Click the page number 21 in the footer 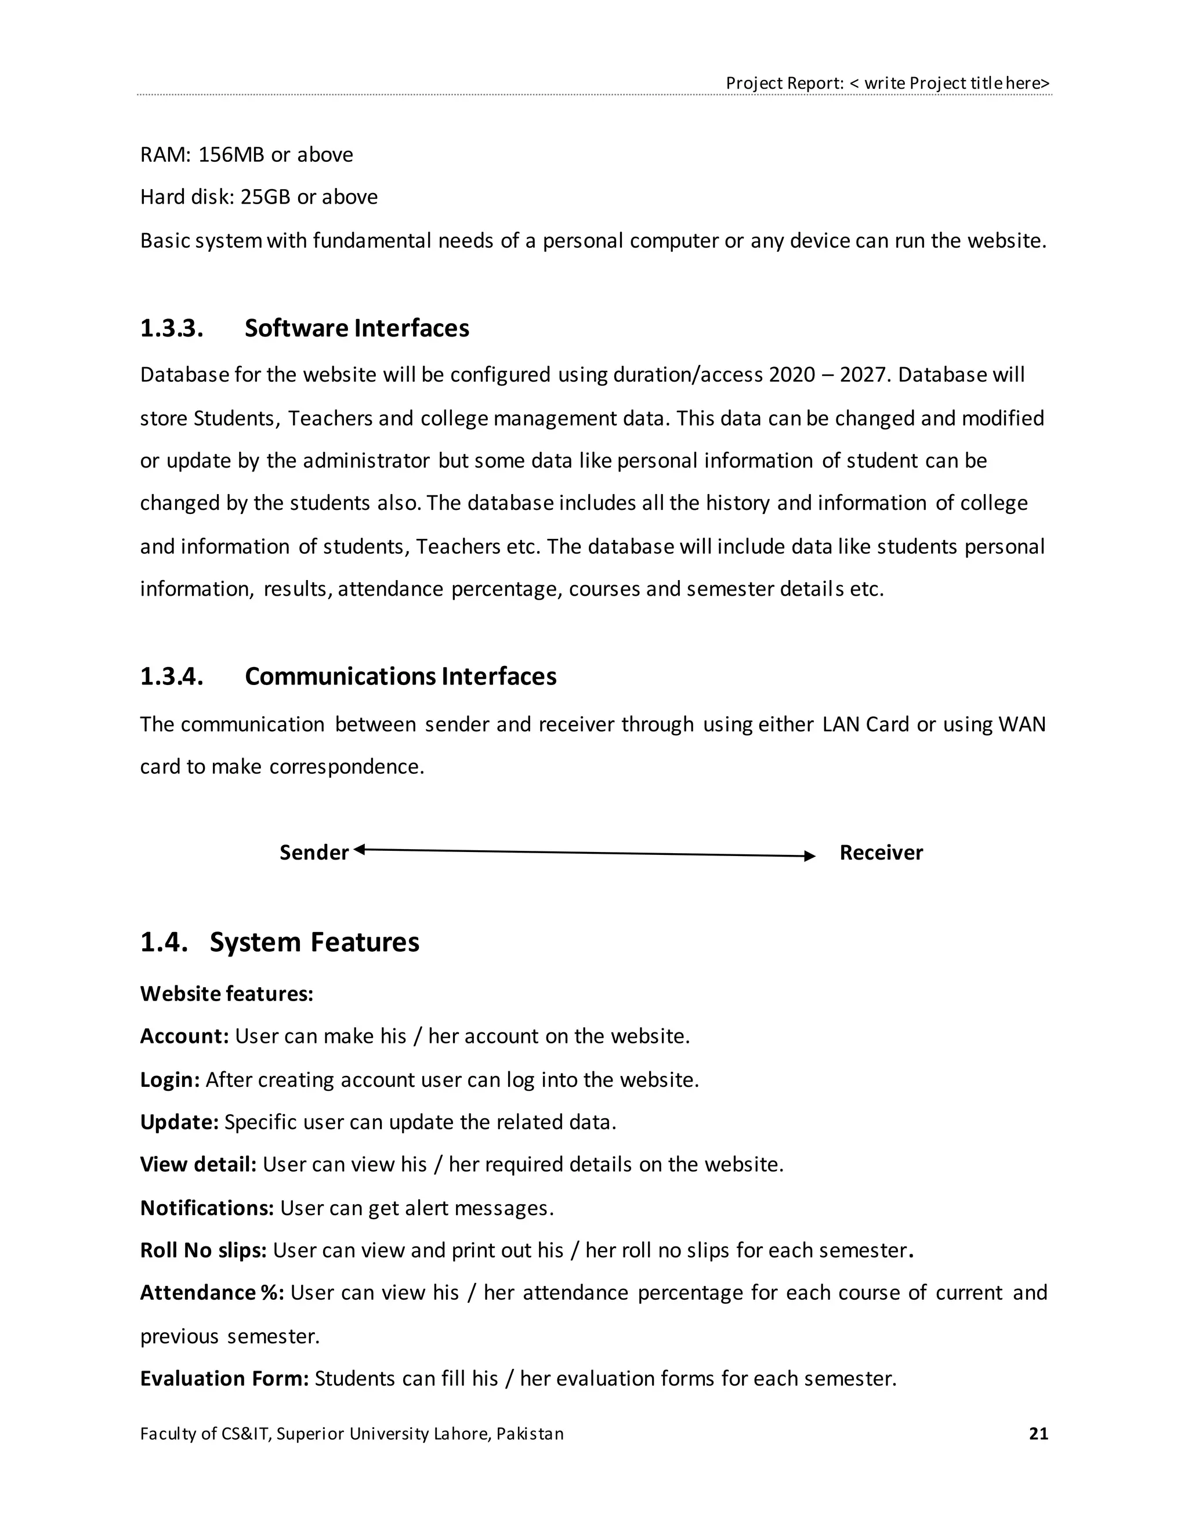pyautogui.click(x=1038, y=1434)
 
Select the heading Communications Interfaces pyautogui.click(x=400, y=676)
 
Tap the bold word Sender pyautogui.click(x=314, y=853)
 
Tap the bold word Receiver pyautogui.click(x=881, y=853)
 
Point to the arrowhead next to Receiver pyautogui.click(x=810, y=855)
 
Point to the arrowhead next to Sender pyautogui.click(x=359, y=850)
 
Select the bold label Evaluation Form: pyautogui.click(x=224, y=1378)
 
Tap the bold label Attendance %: pyautogui.click(x=212, y=1292)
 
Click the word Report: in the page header pyautogui.click(x=815, y=83)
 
